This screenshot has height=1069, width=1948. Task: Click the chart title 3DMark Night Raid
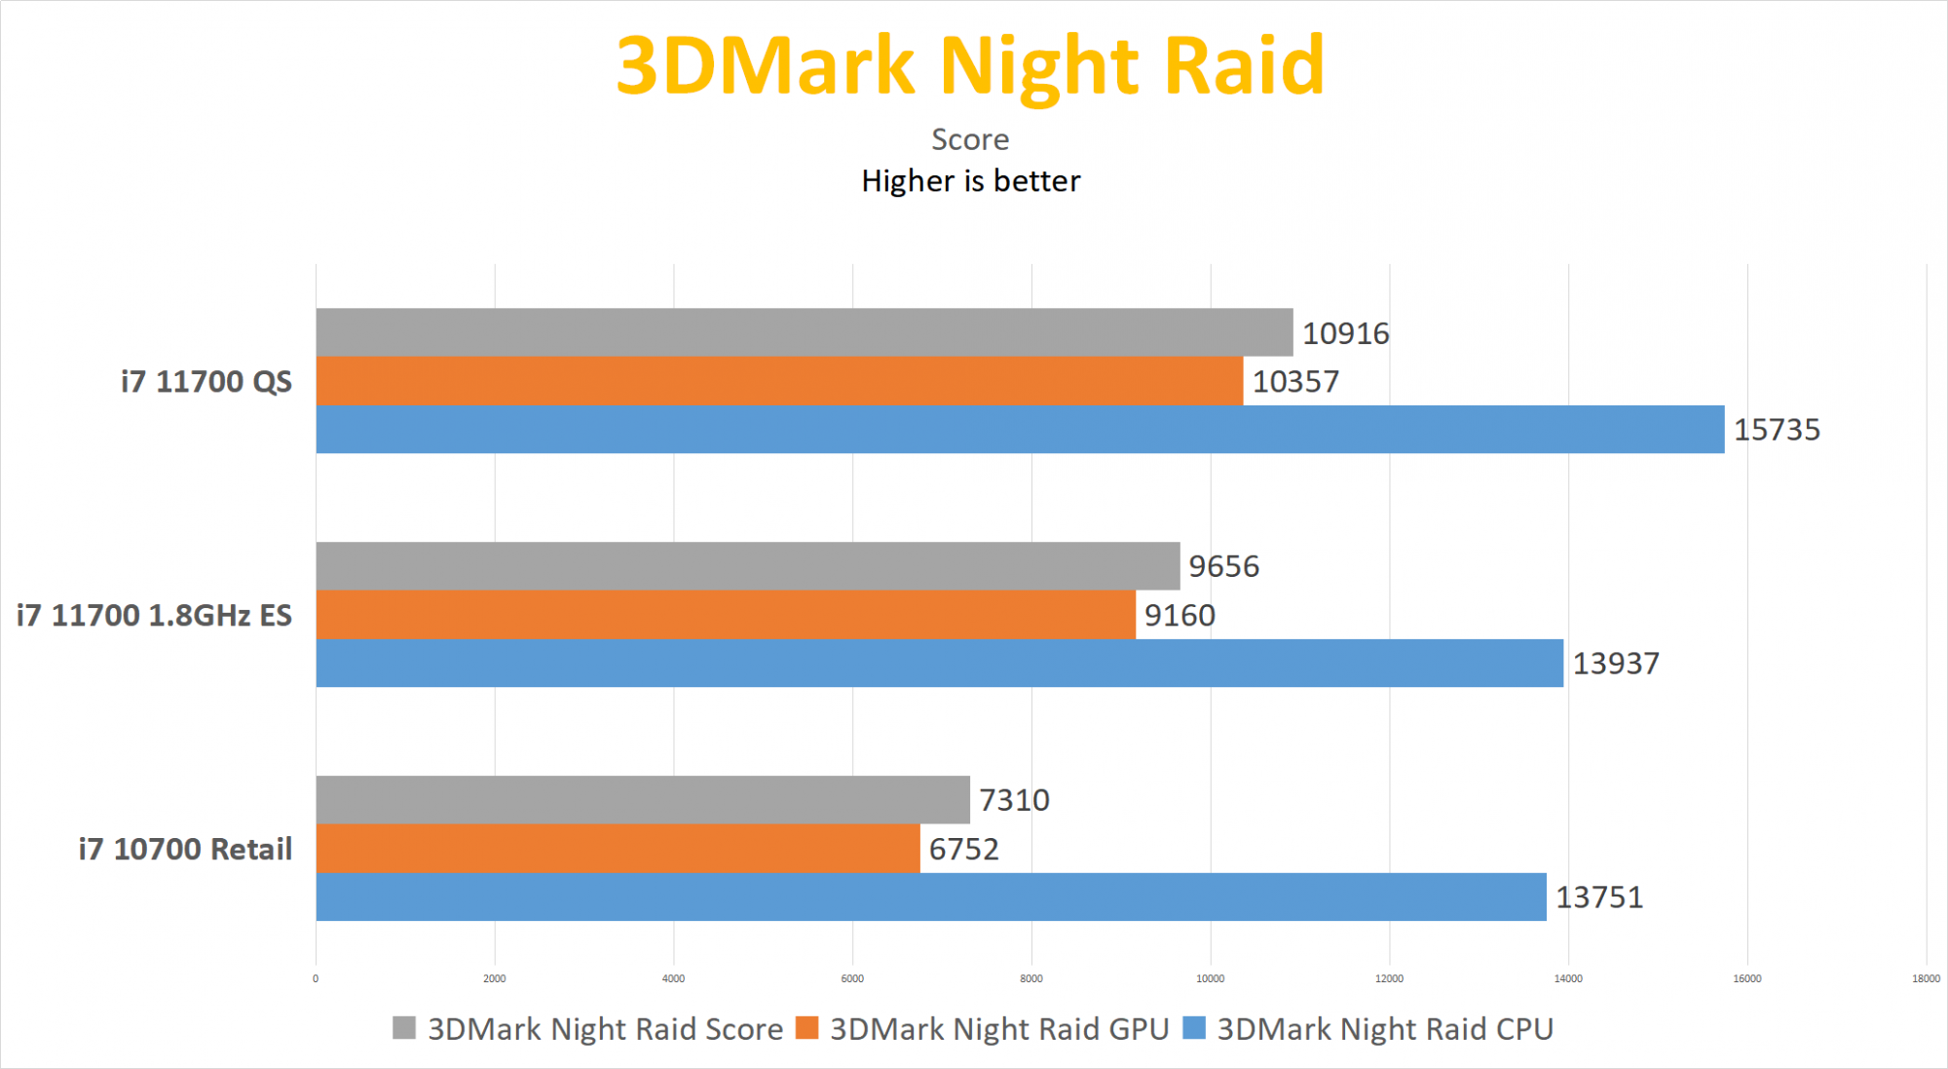(x=970, y=66)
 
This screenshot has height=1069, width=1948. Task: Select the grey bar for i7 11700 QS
(x=805, y=332)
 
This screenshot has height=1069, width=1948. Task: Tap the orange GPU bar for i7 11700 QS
(x=779, y=381)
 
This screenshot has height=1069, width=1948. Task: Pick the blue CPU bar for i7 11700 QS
(x=1020, y=430)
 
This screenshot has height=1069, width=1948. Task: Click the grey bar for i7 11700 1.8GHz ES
(x=748, y=566)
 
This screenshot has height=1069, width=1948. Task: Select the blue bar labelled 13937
(x=939, y=664)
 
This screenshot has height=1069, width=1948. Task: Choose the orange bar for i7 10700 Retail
(x=618, y=849)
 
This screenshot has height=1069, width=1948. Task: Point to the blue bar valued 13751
(x=931, y=897)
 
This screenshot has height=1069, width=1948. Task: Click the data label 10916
(x=1345, y=334)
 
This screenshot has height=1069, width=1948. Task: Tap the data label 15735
(x=1777, y=430)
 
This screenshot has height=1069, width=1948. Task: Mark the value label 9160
(x=1180, y=616)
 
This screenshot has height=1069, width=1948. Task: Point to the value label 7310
(x=1014, y=800)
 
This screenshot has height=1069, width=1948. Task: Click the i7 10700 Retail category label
(x=185, y=850)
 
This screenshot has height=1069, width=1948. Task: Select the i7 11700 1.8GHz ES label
(x=154, y=616)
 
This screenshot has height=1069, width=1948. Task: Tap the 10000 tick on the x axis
(x=1210, y=978)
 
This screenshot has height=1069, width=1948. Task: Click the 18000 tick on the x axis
(x=1926, y=978)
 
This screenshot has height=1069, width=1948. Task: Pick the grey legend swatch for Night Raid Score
(x=404, y=1028)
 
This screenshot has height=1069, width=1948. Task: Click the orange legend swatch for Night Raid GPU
(x=806, y=1028)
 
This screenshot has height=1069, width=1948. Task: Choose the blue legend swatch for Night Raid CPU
(x=1194, y=1028)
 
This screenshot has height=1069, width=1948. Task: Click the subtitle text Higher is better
(x=970, y=181)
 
